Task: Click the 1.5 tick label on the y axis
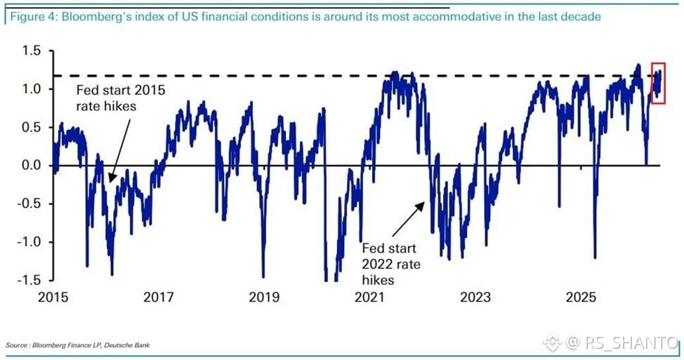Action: click(31, 51)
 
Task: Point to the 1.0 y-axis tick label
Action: click(31, 89)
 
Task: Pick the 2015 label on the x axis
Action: click(53, 298)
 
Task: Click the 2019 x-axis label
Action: click(264, 298)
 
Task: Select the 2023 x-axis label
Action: click(475, 298)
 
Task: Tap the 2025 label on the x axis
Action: click(581, 298)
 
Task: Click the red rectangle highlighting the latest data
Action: click(652, 84)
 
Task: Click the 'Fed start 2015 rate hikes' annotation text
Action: click(121, 98)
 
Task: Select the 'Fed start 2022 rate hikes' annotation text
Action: click(391, 264)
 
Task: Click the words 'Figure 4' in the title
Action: click(34, 17)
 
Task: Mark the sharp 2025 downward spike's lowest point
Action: click(595, 258)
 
